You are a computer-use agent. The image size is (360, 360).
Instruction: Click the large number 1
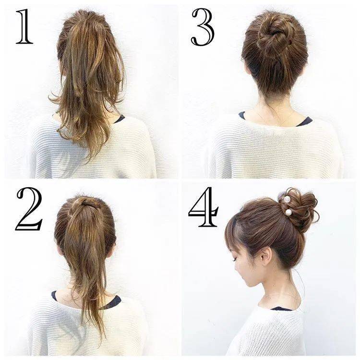coord(24,26)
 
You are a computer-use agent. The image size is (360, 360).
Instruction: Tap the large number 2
coord(29,209)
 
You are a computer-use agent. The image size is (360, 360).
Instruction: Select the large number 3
coord(203,27)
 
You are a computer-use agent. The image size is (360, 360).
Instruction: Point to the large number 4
coord(204,207)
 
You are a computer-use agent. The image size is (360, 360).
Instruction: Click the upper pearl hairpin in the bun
coord(287,199)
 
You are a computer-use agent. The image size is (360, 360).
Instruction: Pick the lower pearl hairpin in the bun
coord(288,212)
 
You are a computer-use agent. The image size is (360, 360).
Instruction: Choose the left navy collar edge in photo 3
coord(241,115)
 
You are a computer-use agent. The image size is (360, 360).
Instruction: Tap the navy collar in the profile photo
coord(281,309)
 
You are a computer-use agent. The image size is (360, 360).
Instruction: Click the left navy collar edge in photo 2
coord(54,296)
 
